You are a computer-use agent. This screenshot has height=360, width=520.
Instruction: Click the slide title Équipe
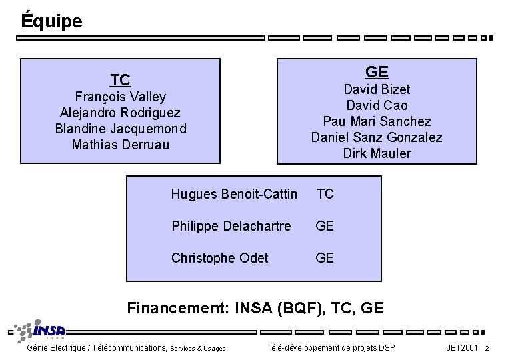(51, 21)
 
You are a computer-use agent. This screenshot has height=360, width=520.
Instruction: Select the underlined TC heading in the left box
(120, 81)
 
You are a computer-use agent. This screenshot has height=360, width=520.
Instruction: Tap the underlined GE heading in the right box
(377, 72)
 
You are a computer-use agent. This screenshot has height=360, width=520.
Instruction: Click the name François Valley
(120, 97)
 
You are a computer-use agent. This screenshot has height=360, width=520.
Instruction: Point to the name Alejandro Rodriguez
(120, 113)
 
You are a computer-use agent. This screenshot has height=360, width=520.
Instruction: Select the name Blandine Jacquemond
(121, 129)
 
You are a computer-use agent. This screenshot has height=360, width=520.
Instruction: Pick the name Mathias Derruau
(120, 145)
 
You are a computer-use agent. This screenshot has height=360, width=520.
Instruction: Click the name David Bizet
(377, 89)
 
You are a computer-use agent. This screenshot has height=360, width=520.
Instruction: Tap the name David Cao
(377, 105)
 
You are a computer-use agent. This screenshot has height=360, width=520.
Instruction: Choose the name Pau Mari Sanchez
(377, 121)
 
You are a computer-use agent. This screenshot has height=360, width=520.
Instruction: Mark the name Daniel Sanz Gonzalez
(377, 137)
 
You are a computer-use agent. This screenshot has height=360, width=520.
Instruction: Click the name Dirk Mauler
(377, 153)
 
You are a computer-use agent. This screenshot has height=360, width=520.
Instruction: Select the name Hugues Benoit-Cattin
(234, 194)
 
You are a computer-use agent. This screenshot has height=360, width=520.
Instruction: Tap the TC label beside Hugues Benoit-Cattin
(325, 194)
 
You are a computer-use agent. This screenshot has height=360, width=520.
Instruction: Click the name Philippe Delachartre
(231, 226)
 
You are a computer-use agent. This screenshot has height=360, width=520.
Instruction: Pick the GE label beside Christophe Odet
(325, 258)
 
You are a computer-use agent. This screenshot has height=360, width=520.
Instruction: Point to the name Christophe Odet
(220, 258)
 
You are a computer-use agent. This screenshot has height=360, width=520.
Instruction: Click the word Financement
(177, 308)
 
